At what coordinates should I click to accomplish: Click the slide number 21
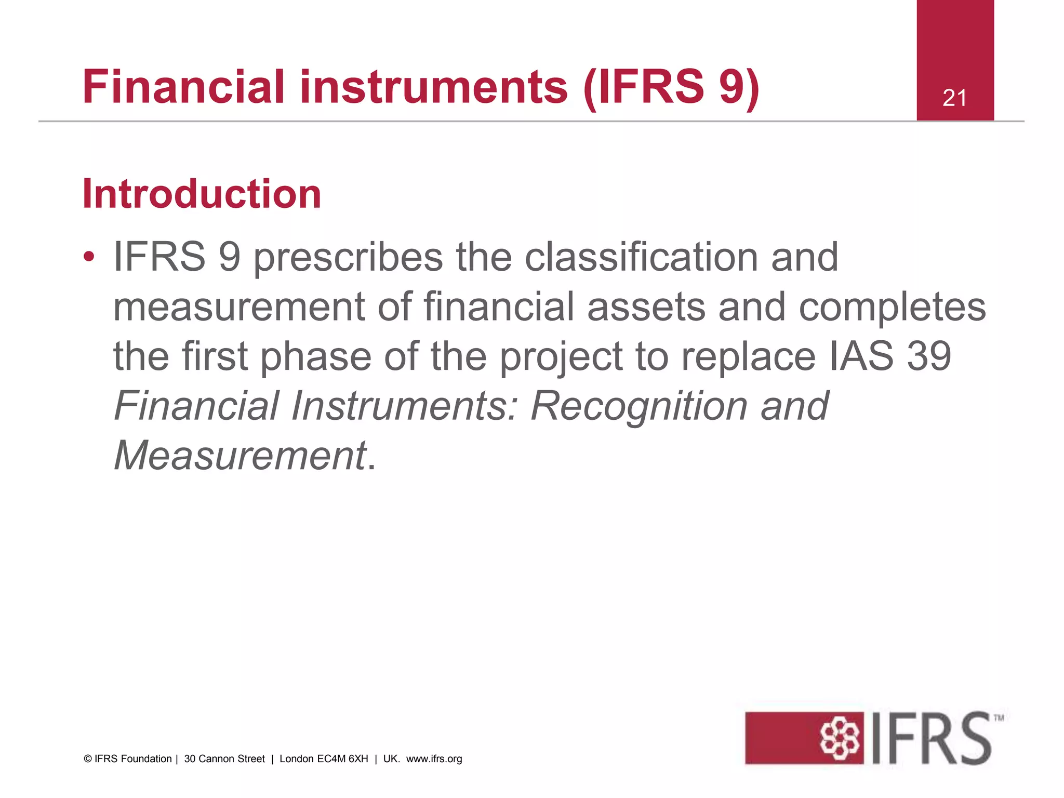point(954,98)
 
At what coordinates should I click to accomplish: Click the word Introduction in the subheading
point(202,194)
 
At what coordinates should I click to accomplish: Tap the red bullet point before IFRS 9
point(89,257)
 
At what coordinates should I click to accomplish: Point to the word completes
point(892,307)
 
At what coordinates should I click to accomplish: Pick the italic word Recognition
point(639,406)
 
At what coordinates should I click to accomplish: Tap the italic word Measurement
point(240,455)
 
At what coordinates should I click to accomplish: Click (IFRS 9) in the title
point(671,87)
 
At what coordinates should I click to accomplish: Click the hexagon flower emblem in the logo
point(840,738)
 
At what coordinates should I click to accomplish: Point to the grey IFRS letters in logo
point(931,738)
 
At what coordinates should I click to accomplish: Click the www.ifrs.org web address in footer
point(434,759)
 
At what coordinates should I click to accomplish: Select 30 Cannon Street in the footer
point(224,759)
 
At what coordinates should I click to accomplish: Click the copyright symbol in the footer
point(88,759)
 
